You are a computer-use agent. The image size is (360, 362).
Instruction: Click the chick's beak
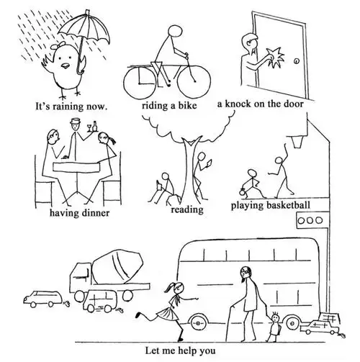(65, 65)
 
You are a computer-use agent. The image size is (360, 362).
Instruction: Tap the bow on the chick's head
(60, 44)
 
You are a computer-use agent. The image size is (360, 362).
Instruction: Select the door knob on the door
(297, 61)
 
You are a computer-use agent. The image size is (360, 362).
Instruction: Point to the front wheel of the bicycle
(194, 81)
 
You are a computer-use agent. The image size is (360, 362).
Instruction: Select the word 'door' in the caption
(293, 104)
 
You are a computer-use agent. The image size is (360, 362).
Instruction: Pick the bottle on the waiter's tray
(95, 126)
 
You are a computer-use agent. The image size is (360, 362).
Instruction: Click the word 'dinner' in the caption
(96, 213)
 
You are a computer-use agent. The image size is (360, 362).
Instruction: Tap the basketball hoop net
(297, 142)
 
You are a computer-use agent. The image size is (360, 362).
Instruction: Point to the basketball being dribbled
(243, 192)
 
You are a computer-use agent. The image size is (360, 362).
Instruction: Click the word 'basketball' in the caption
(288, 205)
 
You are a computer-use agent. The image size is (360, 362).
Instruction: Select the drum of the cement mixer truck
(118, 266)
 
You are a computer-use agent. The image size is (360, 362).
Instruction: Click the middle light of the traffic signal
(310, 220)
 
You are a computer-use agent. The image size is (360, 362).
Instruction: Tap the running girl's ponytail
(170, 287)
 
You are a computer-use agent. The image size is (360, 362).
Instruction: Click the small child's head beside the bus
(275, 318)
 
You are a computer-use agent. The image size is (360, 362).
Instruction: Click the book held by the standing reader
(210, 163)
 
